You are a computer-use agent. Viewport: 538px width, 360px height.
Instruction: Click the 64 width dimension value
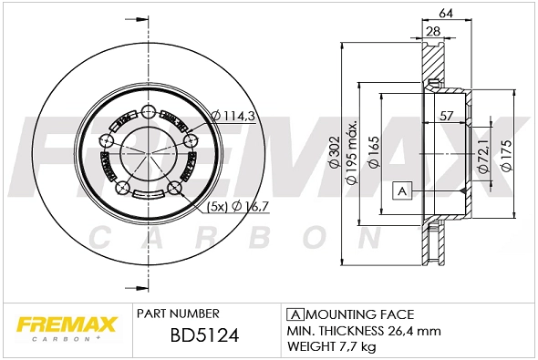[445, 13]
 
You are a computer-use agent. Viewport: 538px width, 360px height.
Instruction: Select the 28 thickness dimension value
[434, 33]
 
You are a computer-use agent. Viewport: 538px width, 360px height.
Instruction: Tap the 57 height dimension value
[447, 116]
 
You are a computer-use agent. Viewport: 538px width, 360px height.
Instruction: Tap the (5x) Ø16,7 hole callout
[235, 206]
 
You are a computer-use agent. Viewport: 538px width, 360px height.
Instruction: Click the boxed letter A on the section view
[400, 190]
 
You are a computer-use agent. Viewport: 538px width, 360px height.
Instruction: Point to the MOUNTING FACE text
[347, 313]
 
